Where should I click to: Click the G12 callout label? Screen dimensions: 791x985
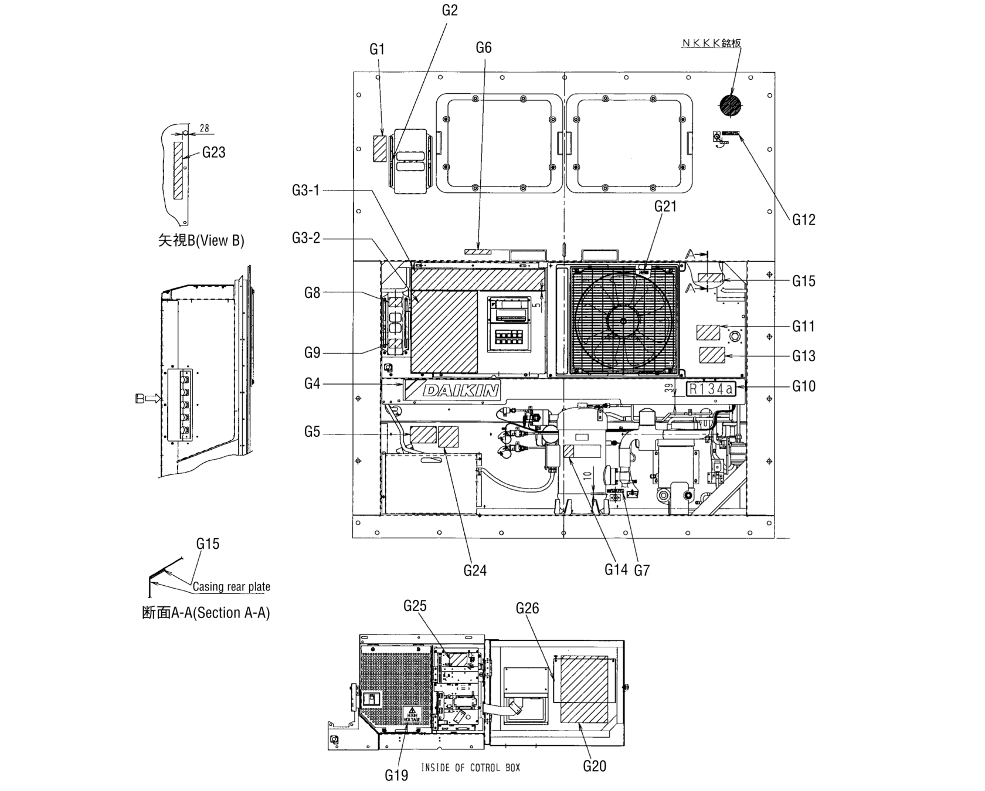[803, 220]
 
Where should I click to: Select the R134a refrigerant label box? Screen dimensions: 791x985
[711, 389]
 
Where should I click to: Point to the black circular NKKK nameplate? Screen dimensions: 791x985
[730, 106]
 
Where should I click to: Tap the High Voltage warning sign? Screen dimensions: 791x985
[412, 715]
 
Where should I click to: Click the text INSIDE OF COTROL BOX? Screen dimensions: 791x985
[470, 768]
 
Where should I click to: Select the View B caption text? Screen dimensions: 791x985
[201, 240]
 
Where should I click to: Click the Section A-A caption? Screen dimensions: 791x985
[206, 613]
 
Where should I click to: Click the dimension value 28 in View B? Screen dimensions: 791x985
[204, 128]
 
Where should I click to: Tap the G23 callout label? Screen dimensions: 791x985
[213, 152]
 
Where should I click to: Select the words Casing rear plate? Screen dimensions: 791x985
[231, 587]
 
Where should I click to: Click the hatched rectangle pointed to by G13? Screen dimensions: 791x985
[712, 355]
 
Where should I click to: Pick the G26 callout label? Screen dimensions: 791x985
[527, 609]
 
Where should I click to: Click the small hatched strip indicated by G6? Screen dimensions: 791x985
[478, 252]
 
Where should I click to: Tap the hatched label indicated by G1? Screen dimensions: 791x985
[380, 148]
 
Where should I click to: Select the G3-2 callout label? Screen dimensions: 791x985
[306, 239]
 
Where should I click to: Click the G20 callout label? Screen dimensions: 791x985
[595, 766]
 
